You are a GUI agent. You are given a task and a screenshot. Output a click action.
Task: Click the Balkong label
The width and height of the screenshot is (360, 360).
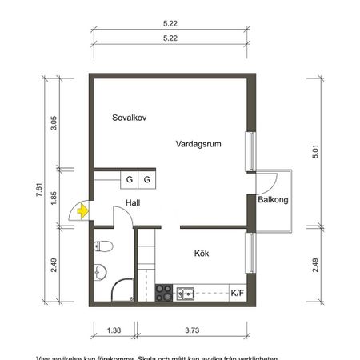[x=273, y=200]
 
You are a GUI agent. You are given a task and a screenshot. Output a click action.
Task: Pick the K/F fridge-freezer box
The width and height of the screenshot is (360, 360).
[x=238, y=293]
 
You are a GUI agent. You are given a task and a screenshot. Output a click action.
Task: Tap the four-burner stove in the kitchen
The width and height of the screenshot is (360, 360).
[x=164, y=293]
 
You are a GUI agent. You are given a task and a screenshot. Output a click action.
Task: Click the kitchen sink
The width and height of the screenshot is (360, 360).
[x=185, y=293]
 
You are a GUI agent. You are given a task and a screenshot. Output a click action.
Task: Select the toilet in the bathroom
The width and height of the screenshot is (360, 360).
[x=99, y=271]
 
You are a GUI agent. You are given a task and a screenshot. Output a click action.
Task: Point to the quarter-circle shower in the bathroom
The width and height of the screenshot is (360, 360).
[x=120, y=291]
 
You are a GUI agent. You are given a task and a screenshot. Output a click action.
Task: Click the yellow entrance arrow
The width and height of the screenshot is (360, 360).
[x=82, y=211]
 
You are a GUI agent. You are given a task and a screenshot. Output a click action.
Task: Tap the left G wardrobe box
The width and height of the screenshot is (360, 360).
[x=129, y=179]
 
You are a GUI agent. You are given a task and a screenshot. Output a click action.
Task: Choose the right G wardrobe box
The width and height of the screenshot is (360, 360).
[x=147, y=179]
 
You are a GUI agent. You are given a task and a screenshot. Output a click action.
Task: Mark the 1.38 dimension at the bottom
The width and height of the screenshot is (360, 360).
[x=113, y=329]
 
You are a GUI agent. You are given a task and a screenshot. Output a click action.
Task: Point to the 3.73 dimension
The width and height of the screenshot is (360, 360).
[x=192, y=329]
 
